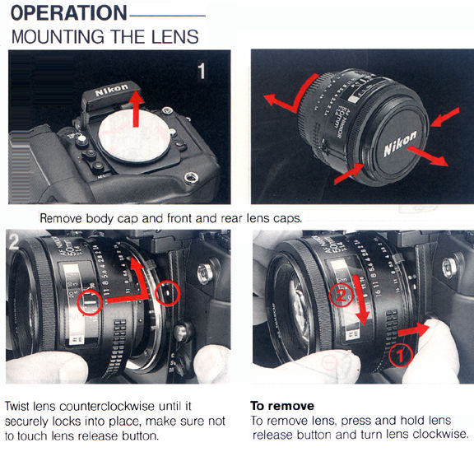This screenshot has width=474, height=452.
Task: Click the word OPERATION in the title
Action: point(68,12)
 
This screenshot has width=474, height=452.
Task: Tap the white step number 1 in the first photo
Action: point(202,71)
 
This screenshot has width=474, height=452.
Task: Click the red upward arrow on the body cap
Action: point(137,109)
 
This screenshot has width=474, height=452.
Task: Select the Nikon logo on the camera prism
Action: point(112,91)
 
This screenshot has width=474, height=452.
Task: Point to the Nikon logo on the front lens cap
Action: point(400,144)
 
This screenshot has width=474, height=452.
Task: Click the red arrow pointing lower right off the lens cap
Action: point(427,156)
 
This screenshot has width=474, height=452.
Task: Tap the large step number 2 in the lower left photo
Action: point(14,241)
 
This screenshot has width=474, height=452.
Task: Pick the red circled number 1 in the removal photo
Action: point(400,356)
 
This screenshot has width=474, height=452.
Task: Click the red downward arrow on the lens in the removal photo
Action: point(361,301)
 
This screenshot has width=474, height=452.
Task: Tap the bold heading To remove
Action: point(282,406)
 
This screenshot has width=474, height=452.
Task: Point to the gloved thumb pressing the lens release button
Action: point(432,351)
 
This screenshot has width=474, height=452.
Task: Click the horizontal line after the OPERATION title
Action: point(168,16)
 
